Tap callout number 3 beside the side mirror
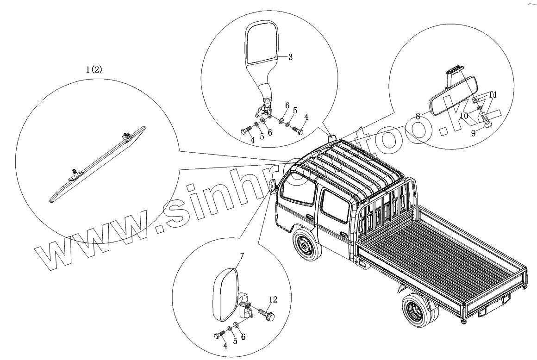(290, 57)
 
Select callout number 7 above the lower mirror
(242, 256)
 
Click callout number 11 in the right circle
(493, 95)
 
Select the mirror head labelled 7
(225, 296)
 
